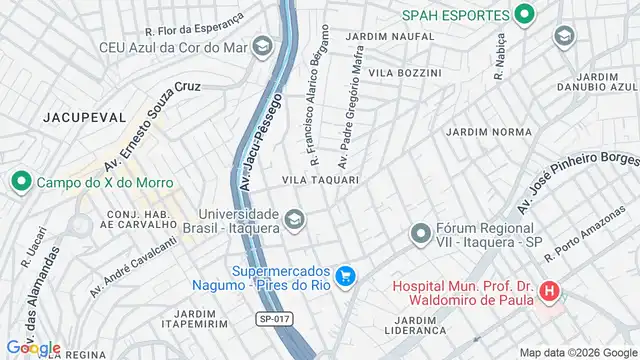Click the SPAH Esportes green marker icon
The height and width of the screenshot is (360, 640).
[x=524, y=15]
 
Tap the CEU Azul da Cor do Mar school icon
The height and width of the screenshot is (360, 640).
[x=262, y=46]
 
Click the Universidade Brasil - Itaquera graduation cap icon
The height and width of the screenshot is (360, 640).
[x=294, y=218]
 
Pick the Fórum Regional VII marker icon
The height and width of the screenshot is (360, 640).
[x=420, y=235]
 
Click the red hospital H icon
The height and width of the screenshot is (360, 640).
[x=548, y=293]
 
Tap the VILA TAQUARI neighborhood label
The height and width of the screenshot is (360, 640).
[x=320, y=180]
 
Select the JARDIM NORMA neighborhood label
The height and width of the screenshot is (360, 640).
[x=489, y=132]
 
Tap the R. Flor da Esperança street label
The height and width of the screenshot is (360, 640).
[x=194, y=26]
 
